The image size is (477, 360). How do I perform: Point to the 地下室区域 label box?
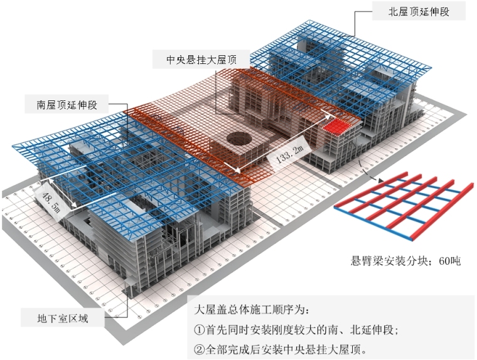click(x=63, y=319)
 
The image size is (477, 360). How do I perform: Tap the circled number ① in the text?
click(x=199, y=329)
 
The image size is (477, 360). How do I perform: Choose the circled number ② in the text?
click(x=199, y=348)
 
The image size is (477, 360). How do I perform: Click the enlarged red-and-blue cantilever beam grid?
click(x=403, y=203)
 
